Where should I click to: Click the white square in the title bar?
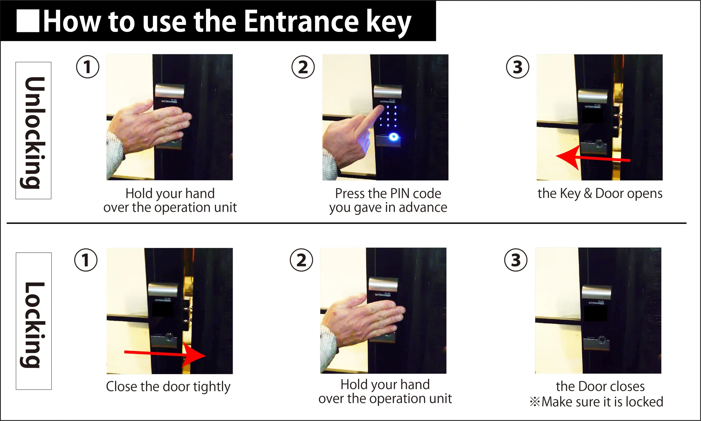tap(28, 21)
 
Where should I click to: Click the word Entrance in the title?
tap(301, 21)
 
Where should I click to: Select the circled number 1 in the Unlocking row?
tap(88, 67)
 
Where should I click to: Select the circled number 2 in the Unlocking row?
tap(303, 67)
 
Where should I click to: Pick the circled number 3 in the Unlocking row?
tap(518, 67)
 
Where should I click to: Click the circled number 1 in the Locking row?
tap(86, 260)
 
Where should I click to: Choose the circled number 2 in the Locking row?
tap(301, 260)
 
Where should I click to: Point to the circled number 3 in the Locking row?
tap(516, 260)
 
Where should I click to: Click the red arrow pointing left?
tap(593, 158)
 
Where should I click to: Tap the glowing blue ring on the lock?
tap(393, 137)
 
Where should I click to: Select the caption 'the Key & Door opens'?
tap(600, 194)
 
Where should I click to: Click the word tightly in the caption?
tap(212, 387)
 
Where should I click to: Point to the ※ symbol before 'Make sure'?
tap(535, 402)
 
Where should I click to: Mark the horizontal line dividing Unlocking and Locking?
tap(346, 223)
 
